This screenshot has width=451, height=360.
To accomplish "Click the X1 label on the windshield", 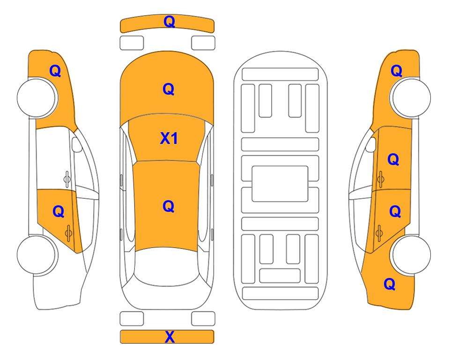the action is point(169,139).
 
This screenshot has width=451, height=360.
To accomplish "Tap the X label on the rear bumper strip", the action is point(170,337).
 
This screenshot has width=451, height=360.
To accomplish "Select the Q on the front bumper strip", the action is point(170,22).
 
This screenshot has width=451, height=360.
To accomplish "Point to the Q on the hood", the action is point(169,89).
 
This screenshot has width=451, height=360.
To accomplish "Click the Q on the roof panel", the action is point(169,206).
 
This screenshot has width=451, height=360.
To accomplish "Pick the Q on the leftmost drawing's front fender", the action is point(55,71).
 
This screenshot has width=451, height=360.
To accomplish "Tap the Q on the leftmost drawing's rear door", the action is point(59,212).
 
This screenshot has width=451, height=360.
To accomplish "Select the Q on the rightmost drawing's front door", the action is point(393,159).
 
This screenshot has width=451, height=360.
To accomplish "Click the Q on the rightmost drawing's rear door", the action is point(395,212).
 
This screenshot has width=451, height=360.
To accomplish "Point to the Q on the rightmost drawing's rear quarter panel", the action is point(390,284).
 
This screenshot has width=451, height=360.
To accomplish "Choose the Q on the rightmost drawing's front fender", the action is point(396,71).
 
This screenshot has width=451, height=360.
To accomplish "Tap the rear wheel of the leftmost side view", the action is point(37,255).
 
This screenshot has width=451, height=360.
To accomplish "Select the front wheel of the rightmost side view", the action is point(410,98).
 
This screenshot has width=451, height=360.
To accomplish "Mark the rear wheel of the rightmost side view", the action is point(412,255).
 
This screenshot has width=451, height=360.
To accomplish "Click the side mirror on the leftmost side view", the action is point(76,145).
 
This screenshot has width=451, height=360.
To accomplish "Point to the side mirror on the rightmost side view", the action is point(371,145).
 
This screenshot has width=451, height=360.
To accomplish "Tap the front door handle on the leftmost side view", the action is point(67,179).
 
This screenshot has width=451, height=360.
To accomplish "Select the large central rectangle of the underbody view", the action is point(280,184).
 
